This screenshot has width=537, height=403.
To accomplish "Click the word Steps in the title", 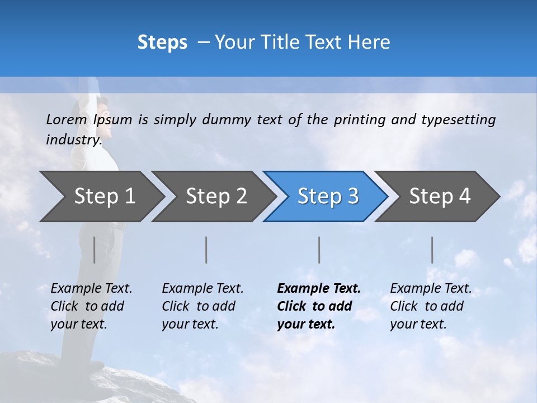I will (162, 43).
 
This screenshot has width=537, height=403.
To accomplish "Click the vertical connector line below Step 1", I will (94, 250).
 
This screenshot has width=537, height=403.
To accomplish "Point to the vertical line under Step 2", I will (206, 250).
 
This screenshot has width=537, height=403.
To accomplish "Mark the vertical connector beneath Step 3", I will (319, 250).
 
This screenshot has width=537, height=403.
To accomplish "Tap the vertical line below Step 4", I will (432, 250).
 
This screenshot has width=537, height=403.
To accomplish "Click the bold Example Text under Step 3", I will (319, 289).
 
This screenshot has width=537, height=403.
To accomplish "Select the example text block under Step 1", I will (91, 306).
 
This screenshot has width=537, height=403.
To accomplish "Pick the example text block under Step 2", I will (202, 306).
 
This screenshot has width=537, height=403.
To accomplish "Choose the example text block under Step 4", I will (431, 306).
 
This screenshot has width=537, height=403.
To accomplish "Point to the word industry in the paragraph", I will (73, 139).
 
